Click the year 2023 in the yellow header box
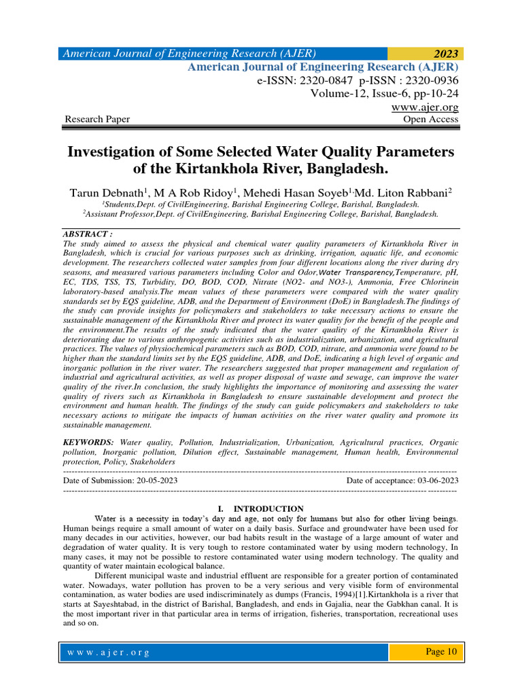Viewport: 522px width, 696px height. (444, 54)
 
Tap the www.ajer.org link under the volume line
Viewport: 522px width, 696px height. (425, 107)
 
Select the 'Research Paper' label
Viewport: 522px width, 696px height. (97, 120)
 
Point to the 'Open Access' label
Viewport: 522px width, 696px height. (431, 120)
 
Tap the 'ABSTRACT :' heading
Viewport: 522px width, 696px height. (87, 232)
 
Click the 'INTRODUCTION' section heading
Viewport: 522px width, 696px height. (268, 508)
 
